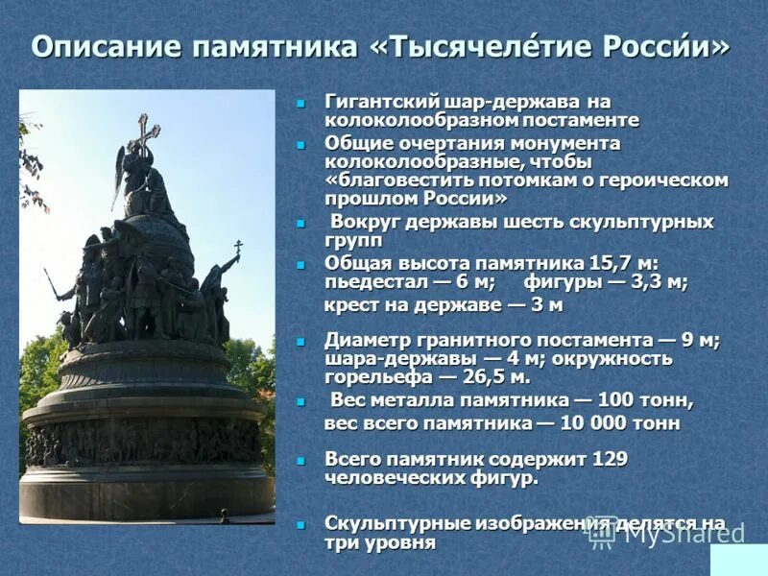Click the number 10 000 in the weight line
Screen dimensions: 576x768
point(588,422)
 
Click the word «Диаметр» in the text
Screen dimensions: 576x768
point(366,340)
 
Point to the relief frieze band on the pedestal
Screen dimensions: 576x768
point(144,444)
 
